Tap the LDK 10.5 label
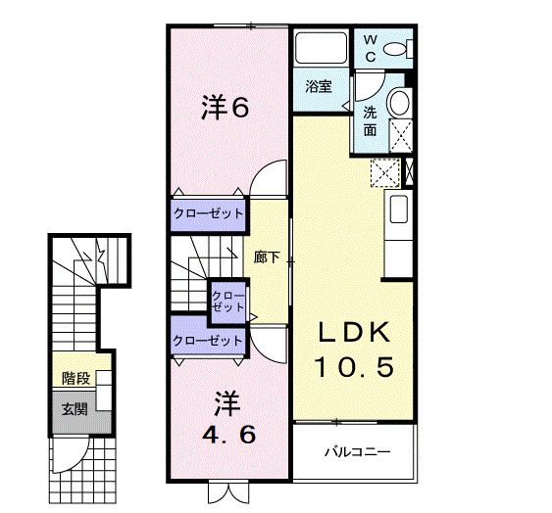[354, 350]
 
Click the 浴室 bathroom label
[317, 86]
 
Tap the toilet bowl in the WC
[395, 48]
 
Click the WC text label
[372, 48]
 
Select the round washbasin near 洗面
[398, 103]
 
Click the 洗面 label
[371, 119]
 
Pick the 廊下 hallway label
[267, 258]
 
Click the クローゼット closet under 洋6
[208, 213]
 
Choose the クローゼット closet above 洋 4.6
[207, 340]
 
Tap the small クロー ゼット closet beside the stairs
[227, 299]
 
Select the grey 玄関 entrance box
[75, 409]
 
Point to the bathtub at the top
[319, 48]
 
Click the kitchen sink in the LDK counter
[398, 210]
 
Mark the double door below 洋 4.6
[225, 492]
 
